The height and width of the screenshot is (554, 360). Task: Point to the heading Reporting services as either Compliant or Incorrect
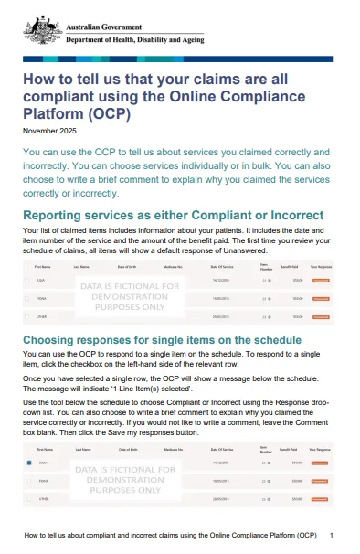177,215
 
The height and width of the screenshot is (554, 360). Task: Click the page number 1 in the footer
330,533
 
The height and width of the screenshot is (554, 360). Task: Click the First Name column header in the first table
43,267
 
